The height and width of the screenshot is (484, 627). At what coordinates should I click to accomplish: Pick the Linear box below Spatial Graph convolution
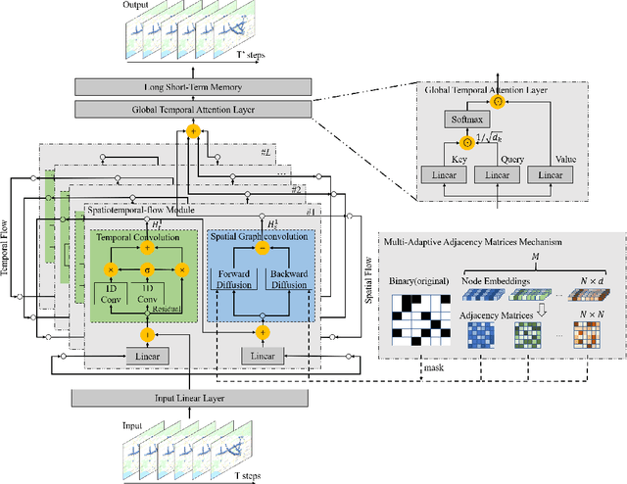point(263,354)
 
